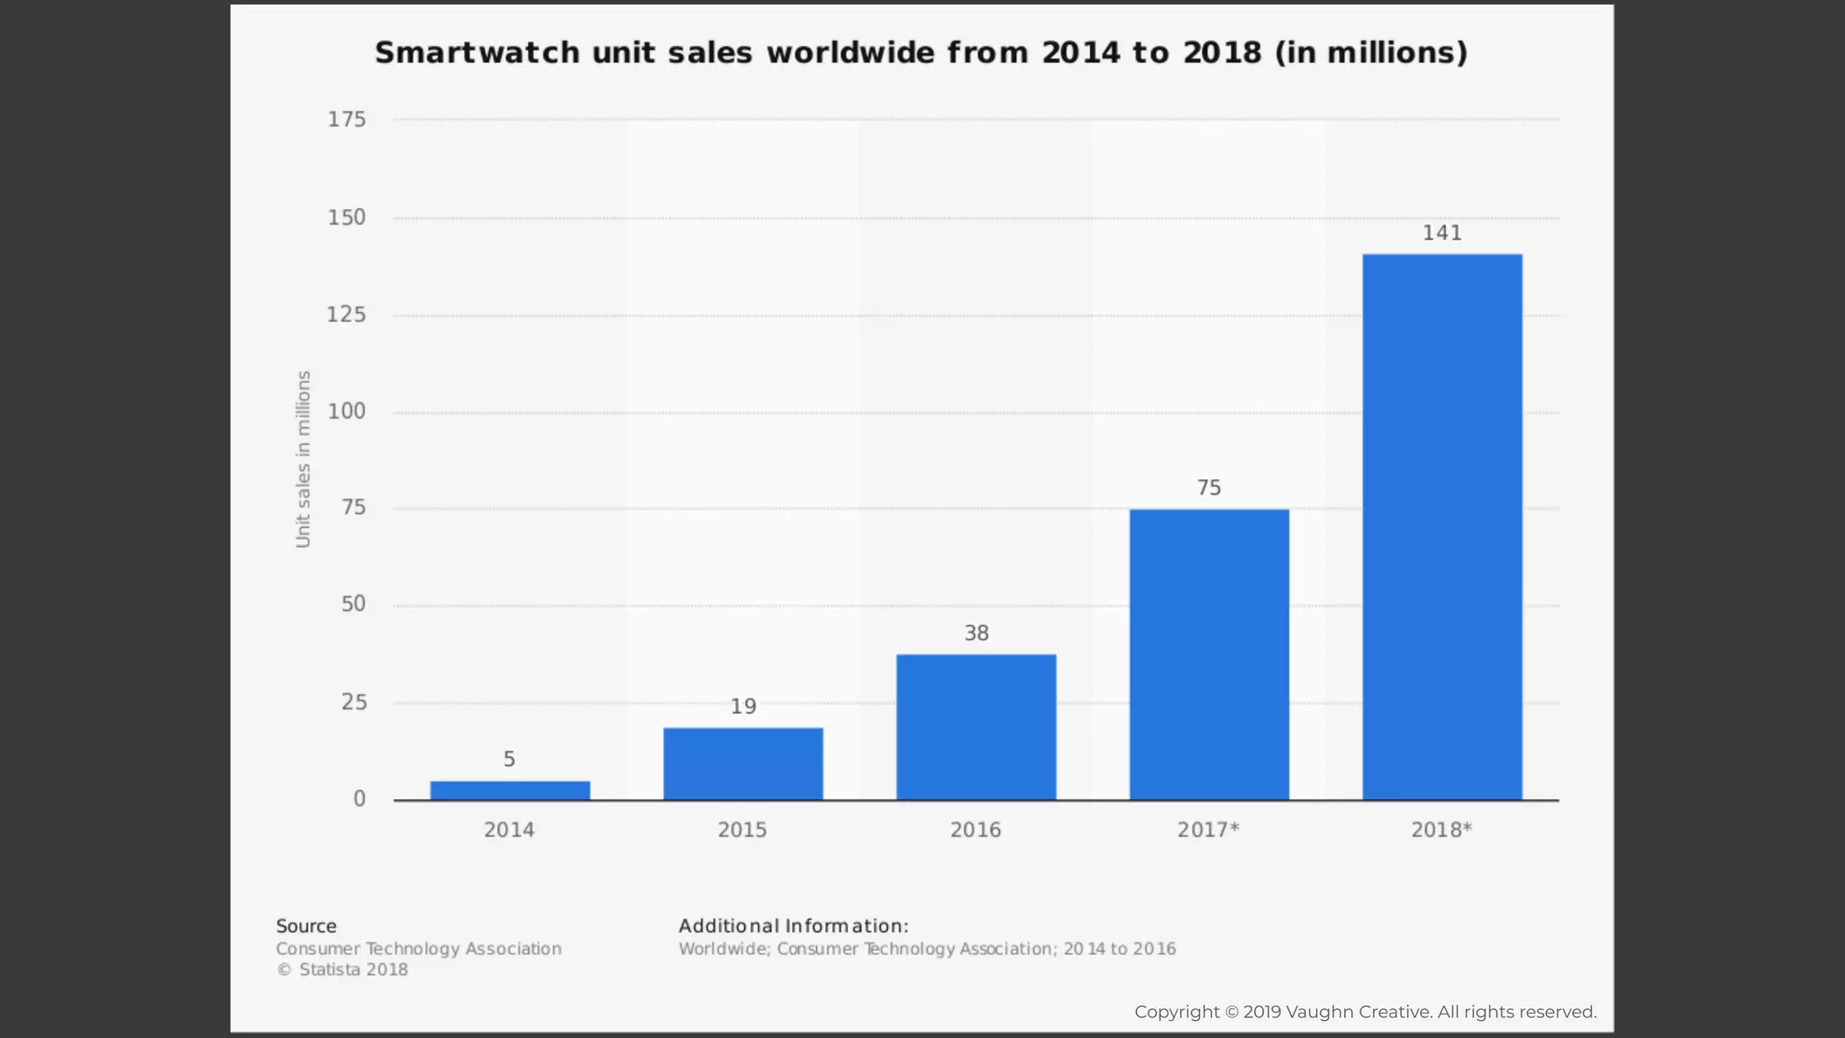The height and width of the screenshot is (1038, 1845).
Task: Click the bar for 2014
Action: (x=510, y=790)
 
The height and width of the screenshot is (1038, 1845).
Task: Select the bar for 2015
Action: (x=743, y=764)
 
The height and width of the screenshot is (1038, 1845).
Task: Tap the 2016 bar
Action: (x=976, y=727)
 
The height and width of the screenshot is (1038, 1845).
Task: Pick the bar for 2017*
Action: (x=1209, y=655)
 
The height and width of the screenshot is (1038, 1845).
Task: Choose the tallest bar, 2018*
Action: (x=1442, y=527)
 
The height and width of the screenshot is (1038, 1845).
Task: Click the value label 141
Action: (x=1441, y=233)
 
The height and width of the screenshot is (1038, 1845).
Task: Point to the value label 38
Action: (x=977, y=633)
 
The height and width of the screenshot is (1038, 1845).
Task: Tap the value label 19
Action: (x=743, y=706)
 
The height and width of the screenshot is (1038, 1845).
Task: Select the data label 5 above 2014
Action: (x=509, y=760)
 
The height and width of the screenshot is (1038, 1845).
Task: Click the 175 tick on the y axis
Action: (x=347, y=120)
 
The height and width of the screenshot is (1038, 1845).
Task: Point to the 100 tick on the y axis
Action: (x=347, y=412)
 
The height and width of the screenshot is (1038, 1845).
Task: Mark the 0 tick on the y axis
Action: (x=359, y=799)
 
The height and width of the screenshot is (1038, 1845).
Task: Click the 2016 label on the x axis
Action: (x=976, y=830)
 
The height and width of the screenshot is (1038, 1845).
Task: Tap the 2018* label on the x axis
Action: (x=1441, y=830)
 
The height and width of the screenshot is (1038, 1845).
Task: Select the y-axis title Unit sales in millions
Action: (x=304, y=459)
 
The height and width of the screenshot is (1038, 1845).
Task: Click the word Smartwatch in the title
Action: (x=477, y=53)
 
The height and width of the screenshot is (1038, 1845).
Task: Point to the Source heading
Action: (x=306, y=926)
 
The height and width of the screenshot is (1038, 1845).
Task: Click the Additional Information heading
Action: (x=794, y=926)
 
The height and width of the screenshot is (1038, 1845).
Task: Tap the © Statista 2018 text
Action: (x=342, y=970)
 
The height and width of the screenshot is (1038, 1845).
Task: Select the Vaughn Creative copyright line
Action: (x=1365, y=1012)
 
